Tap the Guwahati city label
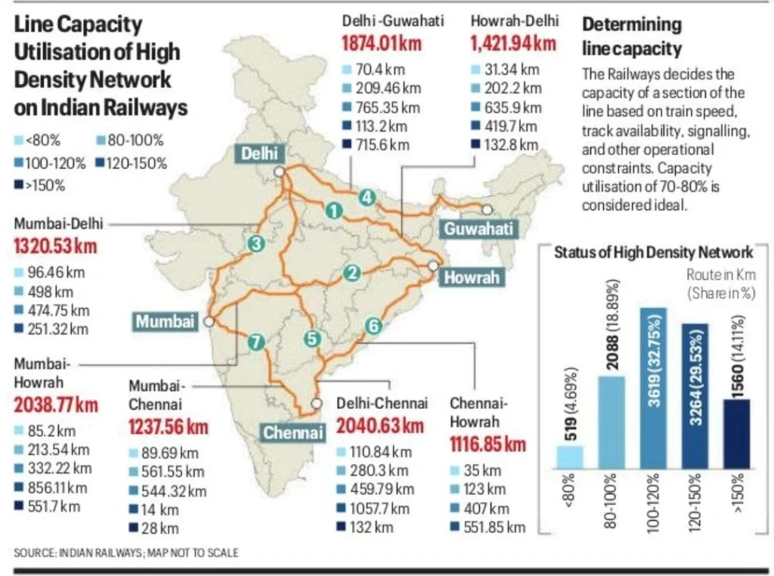[x=478, y=228]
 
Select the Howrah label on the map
[x=472, y=277]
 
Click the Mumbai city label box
[x=165, y=321]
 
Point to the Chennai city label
[x=293, y=433]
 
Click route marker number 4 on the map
[x=367, y=198]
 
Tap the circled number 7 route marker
[x=257, y=342]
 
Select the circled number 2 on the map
[x=351, y=274]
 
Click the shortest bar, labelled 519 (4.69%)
[x=571, y=457]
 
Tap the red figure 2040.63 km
[x=380, y=426]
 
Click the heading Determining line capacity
[x=632, y=36]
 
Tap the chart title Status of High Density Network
[x=653, y=252]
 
